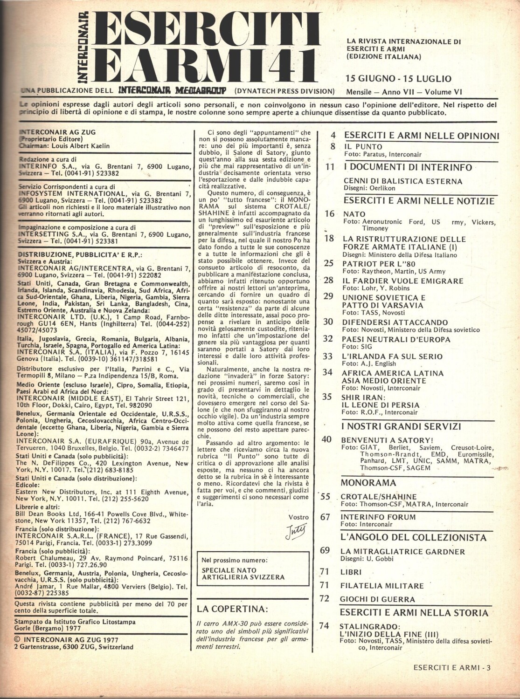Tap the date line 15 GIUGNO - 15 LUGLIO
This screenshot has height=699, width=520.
click(x=398, y=78)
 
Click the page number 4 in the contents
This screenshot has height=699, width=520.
click(x=333, y=136)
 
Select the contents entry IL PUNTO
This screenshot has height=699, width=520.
click(x=363, y=147)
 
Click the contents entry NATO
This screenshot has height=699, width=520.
click(x=354, y=214)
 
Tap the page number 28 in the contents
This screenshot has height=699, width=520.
click(x=328, y=281)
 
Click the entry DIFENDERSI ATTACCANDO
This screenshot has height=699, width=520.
click(x=395, y=322)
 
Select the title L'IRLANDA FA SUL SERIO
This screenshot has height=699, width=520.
click(x=392, y=356)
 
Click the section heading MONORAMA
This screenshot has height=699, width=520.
click(x=368, y=483)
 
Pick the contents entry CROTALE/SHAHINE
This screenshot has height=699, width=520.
click(x=379, y=497)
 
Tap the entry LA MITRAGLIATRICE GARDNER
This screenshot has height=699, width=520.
click(x=403, y=551)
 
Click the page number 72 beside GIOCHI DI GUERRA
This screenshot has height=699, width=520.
click(x=325, y=599)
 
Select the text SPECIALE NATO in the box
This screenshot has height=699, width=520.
click(x=229, y=570)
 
